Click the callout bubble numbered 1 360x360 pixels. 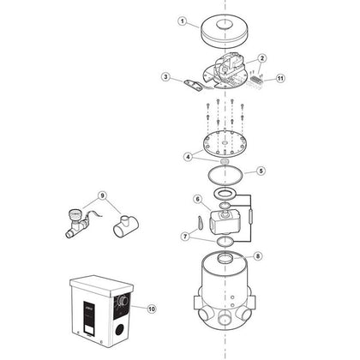pos(183,21)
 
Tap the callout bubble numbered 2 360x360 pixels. pos(262,58)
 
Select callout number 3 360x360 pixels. pos(166,76)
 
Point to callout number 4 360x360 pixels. pos(188,157)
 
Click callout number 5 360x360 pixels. pos(261,171)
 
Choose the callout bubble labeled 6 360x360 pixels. pos(198,199)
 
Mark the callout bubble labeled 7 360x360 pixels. pos(186,237)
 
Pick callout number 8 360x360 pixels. pos(258,256)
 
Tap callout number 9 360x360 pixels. pos(102,195)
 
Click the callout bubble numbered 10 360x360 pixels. pos(152,309)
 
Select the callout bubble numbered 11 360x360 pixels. pos(280,78)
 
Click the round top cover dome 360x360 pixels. pos(225,33)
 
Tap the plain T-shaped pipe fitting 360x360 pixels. pos(126,226)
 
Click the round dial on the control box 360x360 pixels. pos(123,301)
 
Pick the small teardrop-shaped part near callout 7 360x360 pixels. pos(199,223)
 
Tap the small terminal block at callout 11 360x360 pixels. pos(256,78)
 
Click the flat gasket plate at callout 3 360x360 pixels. pos(193,86)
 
